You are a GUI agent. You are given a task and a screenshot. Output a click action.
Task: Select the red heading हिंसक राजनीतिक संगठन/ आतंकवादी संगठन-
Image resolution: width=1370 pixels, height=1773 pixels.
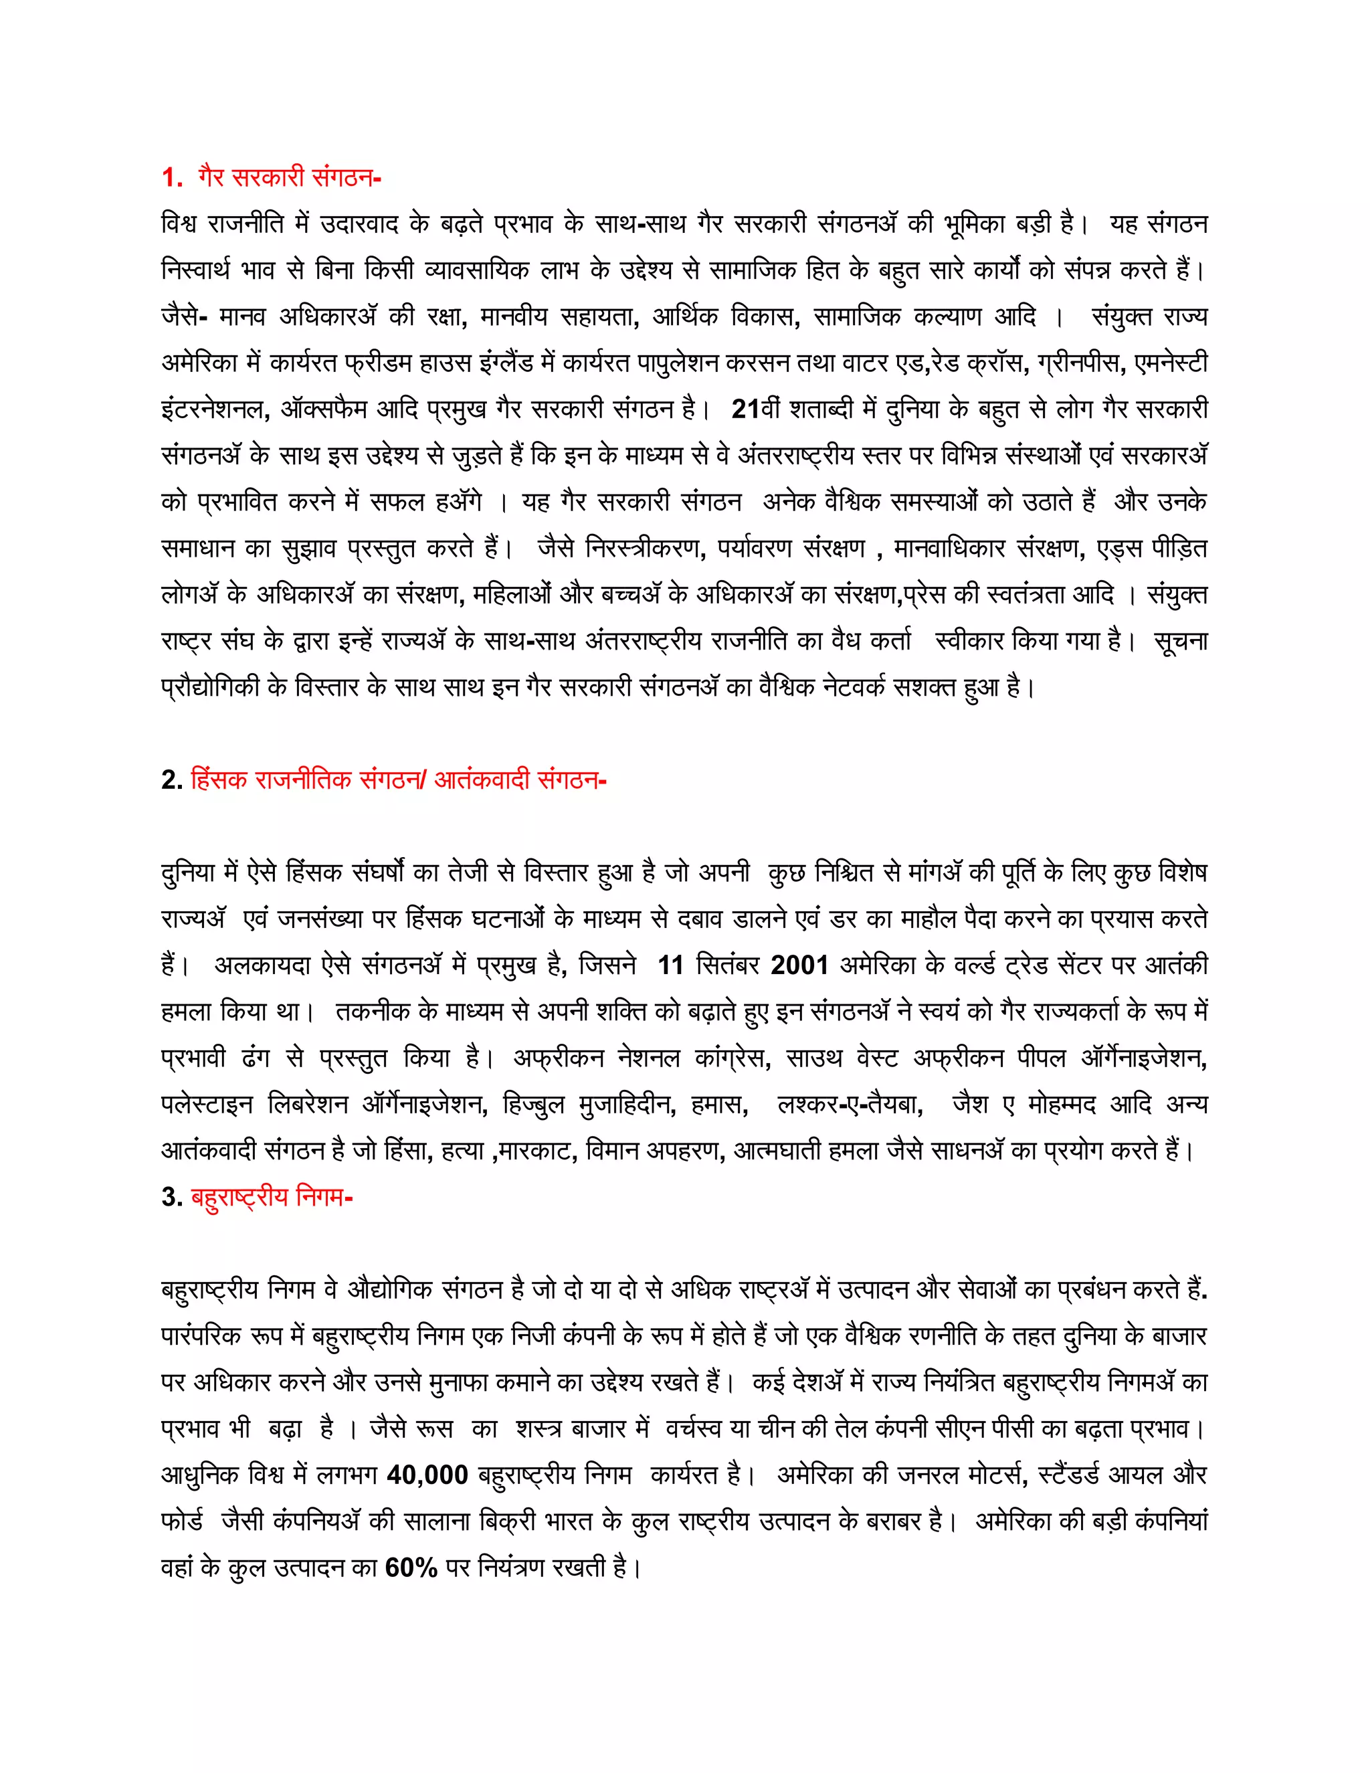tap(398, 780)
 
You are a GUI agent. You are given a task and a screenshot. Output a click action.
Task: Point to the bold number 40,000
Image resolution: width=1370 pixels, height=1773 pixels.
tap(427, 1475)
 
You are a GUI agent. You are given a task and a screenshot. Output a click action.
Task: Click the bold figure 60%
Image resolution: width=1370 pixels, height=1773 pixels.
tap(411, 1568)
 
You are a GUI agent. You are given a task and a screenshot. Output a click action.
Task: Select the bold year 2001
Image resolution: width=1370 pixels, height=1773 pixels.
tap(799, 965)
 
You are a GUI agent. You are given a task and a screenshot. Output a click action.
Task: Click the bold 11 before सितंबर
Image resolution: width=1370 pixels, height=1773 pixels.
tap(670, 965)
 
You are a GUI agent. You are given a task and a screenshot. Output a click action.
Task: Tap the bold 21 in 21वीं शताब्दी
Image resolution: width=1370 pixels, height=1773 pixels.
tap(745, 409)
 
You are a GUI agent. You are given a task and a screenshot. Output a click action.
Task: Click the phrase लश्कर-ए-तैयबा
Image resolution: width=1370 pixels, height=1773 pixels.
tap(850, 1105)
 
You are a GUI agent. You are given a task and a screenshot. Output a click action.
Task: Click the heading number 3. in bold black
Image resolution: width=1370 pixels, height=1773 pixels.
tap(171, 1198)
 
